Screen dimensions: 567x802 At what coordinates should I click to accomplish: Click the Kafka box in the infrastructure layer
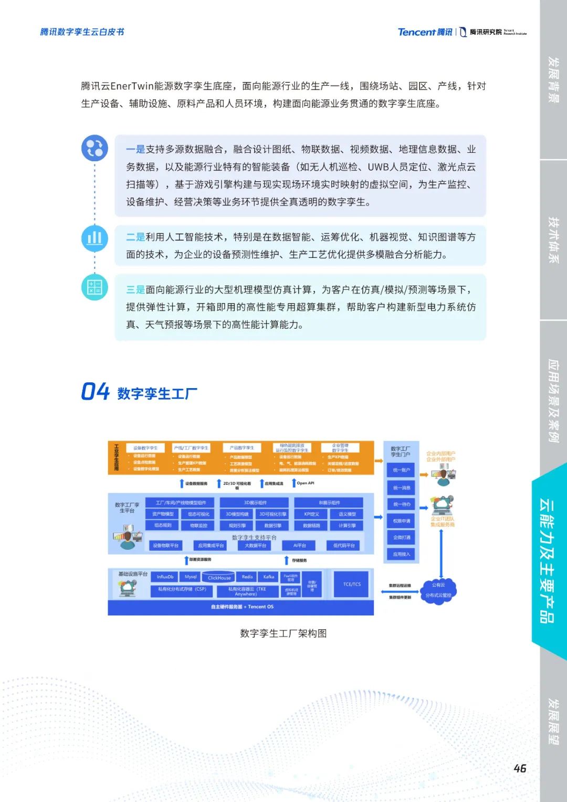[269, 577]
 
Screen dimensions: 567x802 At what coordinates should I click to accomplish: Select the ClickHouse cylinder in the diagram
[219, 577]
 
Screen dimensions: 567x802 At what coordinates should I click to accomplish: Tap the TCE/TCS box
[352, 584]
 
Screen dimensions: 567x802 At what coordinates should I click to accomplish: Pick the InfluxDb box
[165, 577]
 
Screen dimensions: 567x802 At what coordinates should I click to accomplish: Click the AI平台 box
[300, 546]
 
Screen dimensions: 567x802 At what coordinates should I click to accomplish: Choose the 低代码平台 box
[344, 546]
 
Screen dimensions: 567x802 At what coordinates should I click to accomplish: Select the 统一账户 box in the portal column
[402, 470]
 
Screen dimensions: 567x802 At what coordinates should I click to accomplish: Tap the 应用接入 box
[402, 554]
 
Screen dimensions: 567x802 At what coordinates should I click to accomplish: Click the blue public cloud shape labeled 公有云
[438, 590]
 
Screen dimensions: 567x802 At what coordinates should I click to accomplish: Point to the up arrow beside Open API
[294, 483]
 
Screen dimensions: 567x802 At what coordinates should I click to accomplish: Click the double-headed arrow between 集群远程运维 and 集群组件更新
[400, 591]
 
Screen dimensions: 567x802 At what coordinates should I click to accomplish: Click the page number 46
[520, 768]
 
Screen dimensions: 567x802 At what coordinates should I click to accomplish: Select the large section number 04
[95, 392]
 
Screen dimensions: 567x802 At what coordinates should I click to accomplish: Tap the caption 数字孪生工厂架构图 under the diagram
[283, 633]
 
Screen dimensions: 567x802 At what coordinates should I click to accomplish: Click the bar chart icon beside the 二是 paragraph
[94, 238]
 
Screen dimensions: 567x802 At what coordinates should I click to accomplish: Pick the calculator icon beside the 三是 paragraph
[94, 287]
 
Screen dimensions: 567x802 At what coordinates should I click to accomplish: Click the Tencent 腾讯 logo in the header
[425, 32]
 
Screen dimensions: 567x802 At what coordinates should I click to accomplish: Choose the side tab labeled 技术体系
[553, 239]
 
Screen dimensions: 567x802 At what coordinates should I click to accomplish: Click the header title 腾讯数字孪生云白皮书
[82, 32]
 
